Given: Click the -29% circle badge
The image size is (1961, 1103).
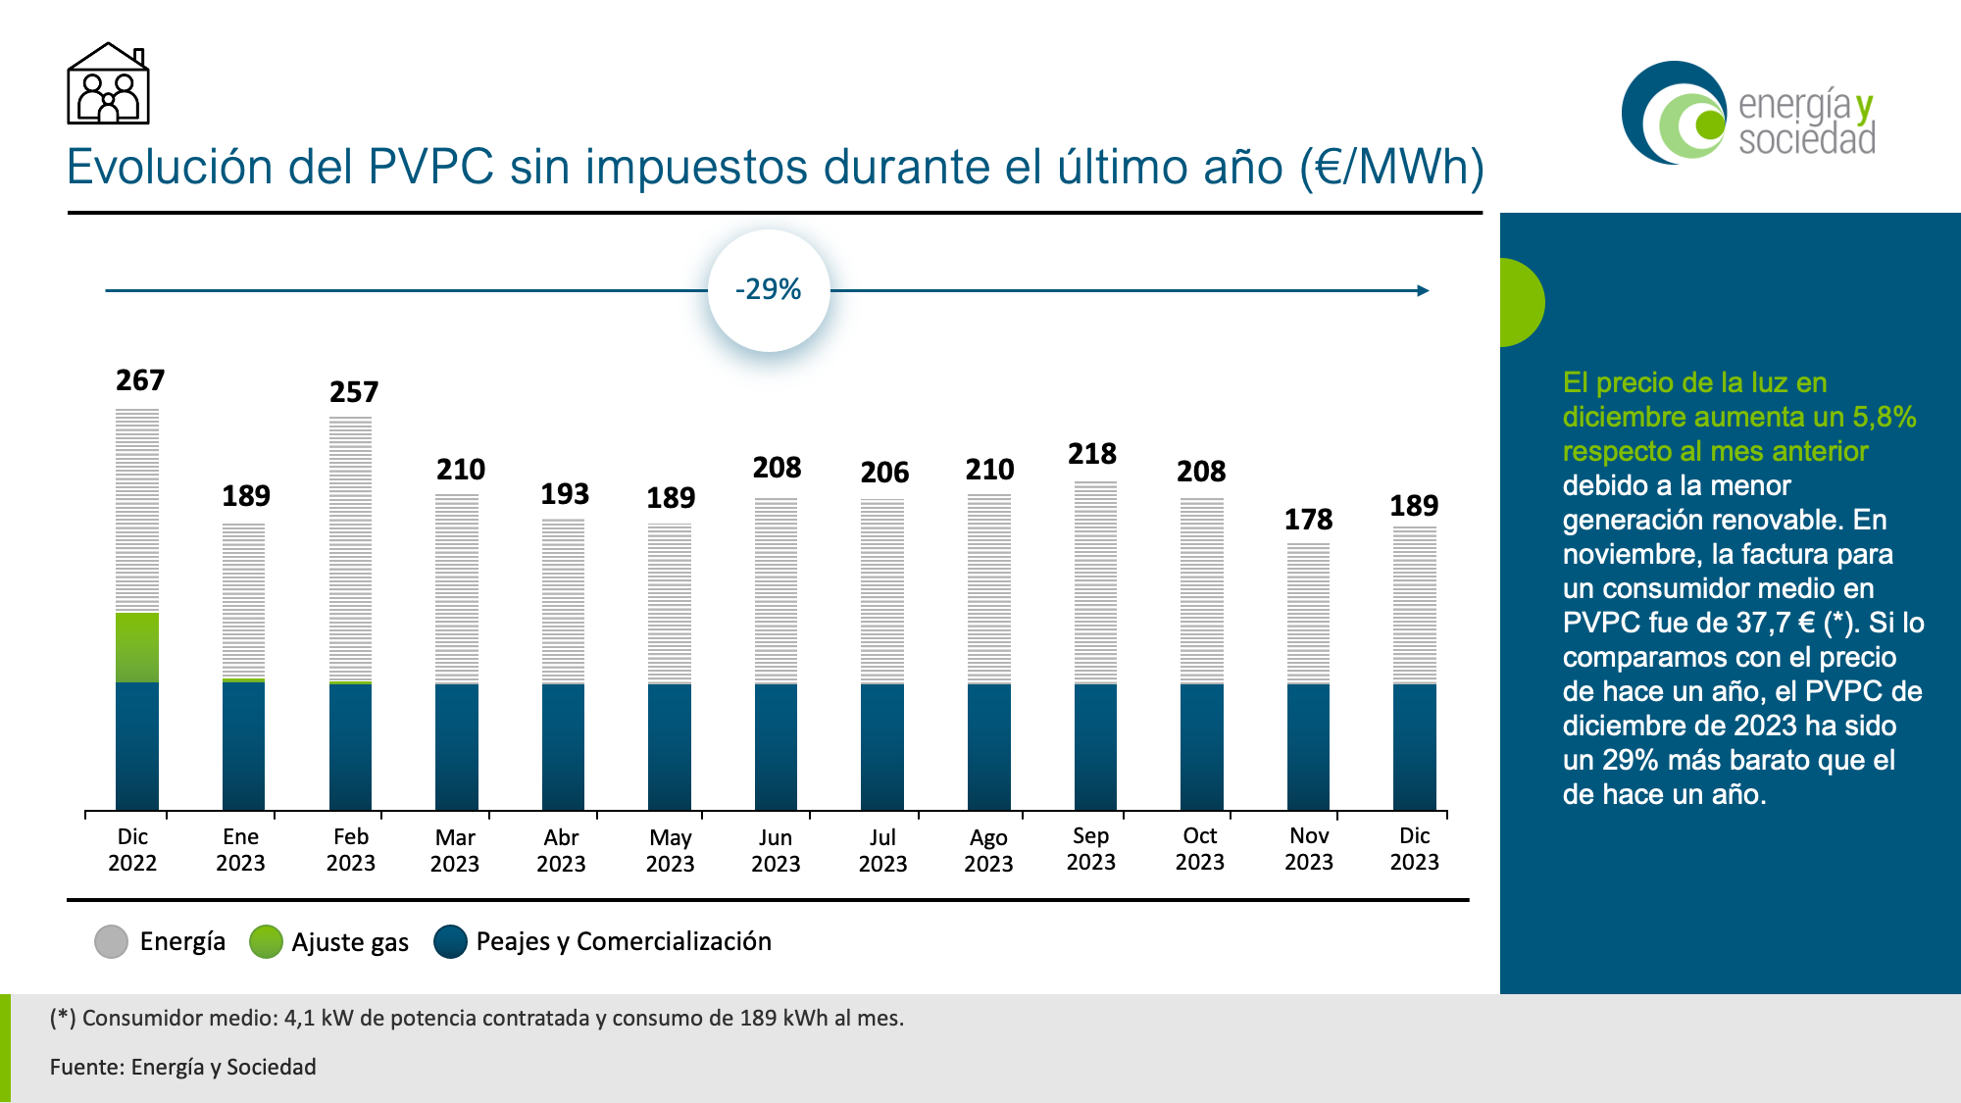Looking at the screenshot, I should (769, 290).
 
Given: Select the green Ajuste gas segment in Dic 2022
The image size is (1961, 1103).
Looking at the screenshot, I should (137, 647).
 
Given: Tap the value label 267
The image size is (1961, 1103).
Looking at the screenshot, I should (140, 380).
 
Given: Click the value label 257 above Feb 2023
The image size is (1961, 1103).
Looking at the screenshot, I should (354, 392).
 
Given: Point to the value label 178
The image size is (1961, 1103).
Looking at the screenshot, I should (1308, 520).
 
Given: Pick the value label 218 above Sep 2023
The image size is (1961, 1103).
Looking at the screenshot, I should (1092, 454).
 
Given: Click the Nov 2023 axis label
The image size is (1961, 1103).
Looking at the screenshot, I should (1309, 849).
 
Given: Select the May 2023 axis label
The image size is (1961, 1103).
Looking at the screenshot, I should (670, 850).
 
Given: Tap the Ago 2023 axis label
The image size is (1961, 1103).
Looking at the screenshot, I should (988, 850).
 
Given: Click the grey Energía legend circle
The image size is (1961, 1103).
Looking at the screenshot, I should (112, 942).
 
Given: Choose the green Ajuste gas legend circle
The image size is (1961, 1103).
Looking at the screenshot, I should (266, 942).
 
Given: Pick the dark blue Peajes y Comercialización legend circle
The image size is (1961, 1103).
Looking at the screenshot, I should (450, 942).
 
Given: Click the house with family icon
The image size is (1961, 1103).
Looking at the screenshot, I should (108, 84).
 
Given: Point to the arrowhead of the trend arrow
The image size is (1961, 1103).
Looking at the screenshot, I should (1424, 290).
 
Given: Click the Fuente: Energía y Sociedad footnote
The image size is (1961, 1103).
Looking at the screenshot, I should (183, 1067).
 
